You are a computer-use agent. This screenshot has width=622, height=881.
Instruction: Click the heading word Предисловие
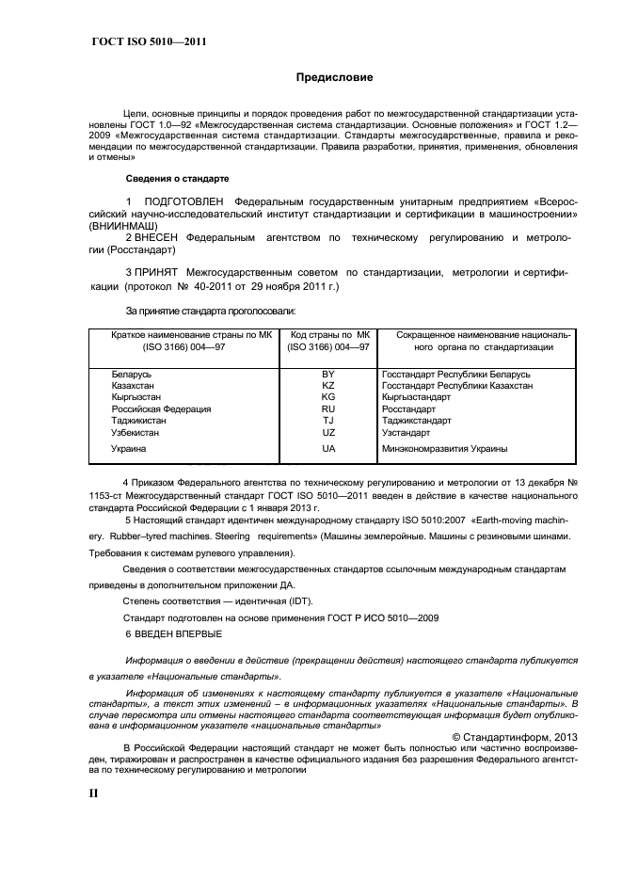pyautogui.click(x=335, y=77)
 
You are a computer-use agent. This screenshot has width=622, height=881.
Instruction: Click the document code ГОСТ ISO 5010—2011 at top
pyautogui.click(x=149, y=41)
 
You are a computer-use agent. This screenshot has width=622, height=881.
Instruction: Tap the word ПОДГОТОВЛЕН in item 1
pyautogui.click(x=183, y=202)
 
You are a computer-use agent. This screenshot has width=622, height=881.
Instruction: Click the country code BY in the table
pyautogui.click(x=328, y=375)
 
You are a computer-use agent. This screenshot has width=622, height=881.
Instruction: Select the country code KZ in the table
pyautogui.click(x=328, y=386)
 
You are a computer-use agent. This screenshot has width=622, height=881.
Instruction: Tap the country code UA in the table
pyautogui.click(x=328, y=450)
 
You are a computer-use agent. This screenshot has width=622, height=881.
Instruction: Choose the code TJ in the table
pyautogui.click(x=328, y=421)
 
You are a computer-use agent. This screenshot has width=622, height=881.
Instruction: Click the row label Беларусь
pyautogui.click(x=132, y=375)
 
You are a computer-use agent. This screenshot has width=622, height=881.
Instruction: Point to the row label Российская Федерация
pyautogui.click(x=161, y=409)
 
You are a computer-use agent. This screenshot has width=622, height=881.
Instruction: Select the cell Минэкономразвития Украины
pyautogui.click(x=445, y=450)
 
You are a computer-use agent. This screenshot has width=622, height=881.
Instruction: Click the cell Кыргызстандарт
pyautogui.click(x=417, y=398)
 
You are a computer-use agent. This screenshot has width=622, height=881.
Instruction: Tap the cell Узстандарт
pyautogui.click(x=407, y=432)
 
